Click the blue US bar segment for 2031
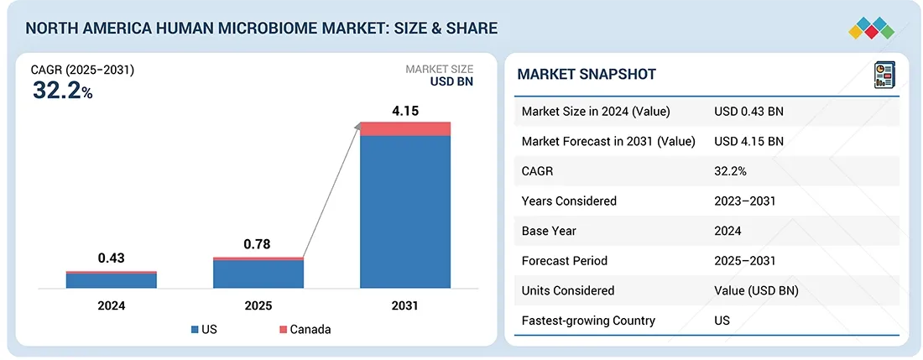pos(405,211)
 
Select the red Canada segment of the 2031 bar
pos(405,128)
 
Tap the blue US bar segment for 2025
pos(258,274)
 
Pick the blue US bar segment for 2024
pos(112,280)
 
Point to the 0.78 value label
pos(258,244)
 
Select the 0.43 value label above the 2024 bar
pos(112,258)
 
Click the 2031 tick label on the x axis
pos(405,305)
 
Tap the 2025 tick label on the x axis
pos(258,305)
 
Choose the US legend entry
pos(204,329)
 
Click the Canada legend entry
pos(303,329)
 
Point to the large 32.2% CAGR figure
pos(63,91)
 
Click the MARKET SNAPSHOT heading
pos(587,75)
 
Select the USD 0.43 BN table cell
pos(748,112)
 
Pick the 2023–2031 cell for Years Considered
pos(744,201)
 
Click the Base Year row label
pos(550,231)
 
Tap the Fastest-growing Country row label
pos(588,320)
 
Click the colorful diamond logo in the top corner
pos(873,27)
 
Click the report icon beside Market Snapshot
pos(884,74)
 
